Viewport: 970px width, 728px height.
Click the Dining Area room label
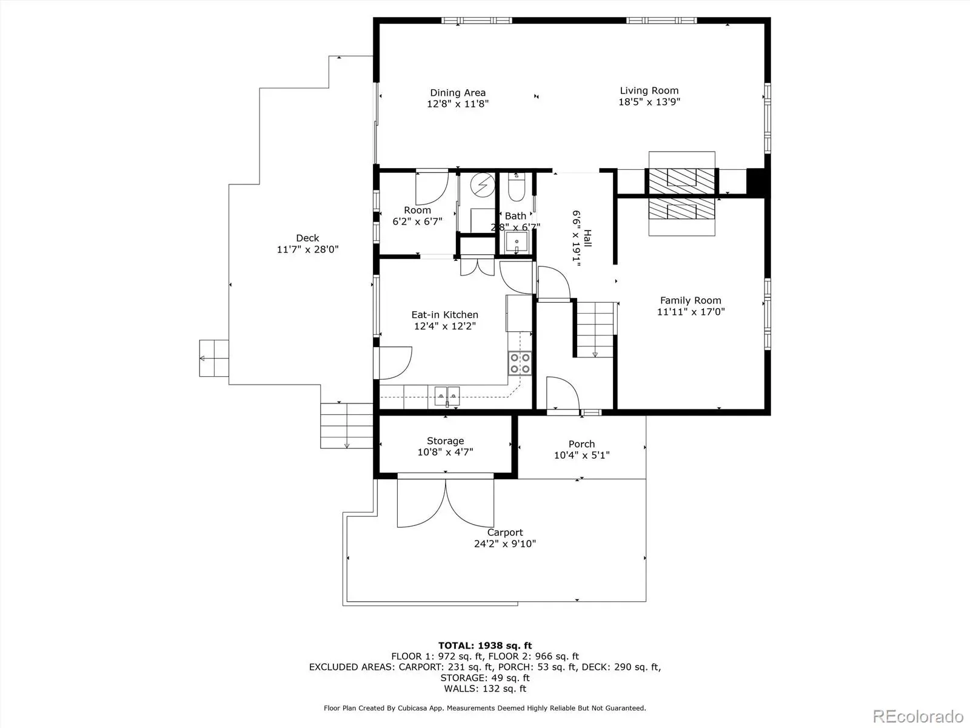457,93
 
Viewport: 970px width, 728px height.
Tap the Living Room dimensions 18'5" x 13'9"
649,102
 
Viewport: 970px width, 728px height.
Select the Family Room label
691,300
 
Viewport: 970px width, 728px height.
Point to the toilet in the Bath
516,187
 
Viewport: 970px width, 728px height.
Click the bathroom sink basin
516,242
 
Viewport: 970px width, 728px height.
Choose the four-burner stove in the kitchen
520,363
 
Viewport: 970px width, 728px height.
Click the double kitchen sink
447,396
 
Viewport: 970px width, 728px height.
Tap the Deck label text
307,238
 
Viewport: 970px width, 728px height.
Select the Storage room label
445,440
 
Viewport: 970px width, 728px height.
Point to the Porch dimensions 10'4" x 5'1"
581,455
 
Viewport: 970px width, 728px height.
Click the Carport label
504,533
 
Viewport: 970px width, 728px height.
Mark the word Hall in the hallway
587,238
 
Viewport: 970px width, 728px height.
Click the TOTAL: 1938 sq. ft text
485,645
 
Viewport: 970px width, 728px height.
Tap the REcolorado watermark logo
918,716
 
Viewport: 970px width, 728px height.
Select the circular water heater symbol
483,184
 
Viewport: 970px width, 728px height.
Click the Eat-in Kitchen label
444,315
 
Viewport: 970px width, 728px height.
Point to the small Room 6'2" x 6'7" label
417,216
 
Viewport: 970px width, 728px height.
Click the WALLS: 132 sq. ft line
485,689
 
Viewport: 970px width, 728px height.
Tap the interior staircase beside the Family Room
595,330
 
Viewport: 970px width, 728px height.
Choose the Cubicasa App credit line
485,708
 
